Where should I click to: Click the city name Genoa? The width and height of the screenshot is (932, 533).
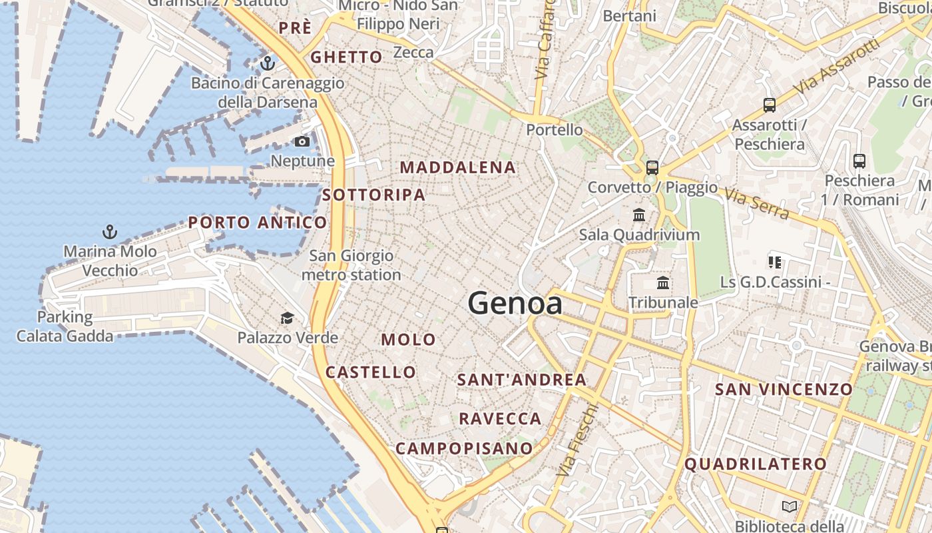(x=515, y=304)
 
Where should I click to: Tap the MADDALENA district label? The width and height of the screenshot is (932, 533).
(x=458, y=168)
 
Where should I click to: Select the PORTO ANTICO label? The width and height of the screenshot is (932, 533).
(x=258, y=223)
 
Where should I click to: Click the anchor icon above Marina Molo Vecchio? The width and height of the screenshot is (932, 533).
(x=110, y=232)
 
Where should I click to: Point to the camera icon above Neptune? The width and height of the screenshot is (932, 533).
(x=302, y=141)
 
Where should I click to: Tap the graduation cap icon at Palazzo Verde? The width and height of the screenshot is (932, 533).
(x=287, y=317)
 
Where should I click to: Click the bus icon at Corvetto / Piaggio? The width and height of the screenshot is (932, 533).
(x=652, y=168)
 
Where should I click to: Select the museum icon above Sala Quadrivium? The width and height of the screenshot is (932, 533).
(x=639, y=215)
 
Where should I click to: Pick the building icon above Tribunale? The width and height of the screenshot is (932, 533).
(x=663, y=282)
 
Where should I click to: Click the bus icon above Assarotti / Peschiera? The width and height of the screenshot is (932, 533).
(x=770, y=105)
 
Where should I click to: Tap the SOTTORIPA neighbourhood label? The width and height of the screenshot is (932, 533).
(x=373, y=195)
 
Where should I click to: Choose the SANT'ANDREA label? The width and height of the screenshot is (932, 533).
(x=522, y=380)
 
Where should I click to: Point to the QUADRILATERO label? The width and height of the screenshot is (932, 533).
(x=756, y=464)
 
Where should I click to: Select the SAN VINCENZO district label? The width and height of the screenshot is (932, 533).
(x=784, y=390)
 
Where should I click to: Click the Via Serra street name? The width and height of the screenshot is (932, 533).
(x=756, y=204)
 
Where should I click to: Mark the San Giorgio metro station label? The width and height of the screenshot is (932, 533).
(x=351, y=265)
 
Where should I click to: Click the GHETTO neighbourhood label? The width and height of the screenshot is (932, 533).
(x=347, y=57)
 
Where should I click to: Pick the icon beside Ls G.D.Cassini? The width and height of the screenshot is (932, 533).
(x=774, y=262)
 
